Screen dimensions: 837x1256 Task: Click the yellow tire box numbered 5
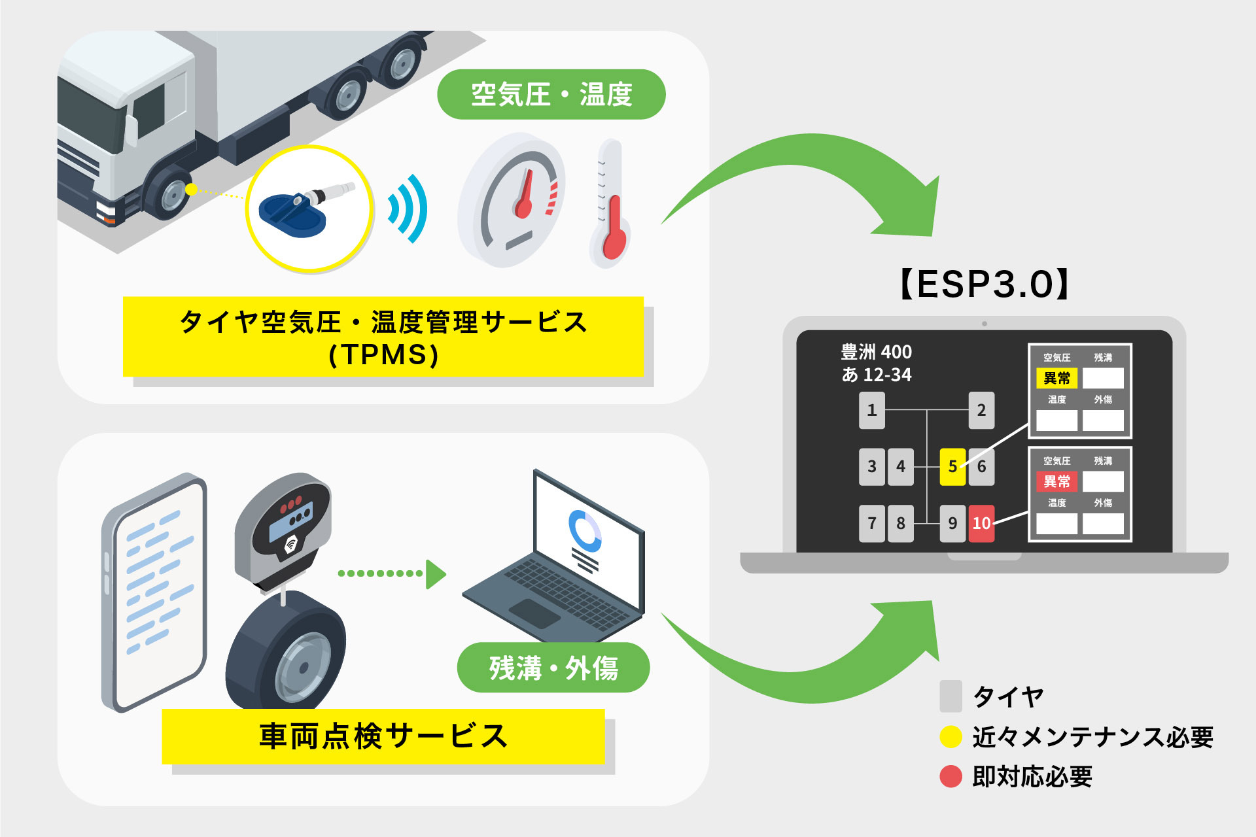coord(952,467)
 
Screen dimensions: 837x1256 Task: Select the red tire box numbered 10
coord(981,523)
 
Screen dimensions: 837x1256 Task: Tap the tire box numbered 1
coord(871,410)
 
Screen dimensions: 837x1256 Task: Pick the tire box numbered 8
coord(901,523)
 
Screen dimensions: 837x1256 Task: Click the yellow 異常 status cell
coord(1056,378)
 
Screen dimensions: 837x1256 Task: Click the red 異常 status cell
coord(1056,481)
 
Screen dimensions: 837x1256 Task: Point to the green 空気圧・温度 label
coord(551,94)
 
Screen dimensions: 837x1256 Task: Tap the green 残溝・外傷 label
coord(553,668)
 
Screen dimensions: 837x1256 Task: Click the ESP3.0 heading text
coord(984,284)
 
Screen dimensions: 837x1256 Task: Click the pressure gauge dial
coord(514,200)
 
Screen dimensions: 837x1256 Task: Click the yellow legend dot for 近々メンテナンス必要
coord(951,736)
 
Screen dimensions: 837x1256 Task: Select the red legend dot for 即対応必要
coord(951,776)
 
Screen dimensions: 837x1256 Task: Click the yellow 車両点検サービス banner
coord(383,736)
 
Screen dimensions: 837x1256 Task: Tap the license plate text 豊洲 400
coord(876,352)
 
